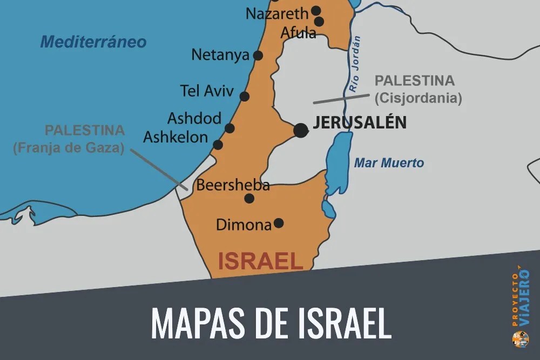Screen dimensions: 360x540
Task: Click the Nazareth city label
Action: (x=276, y=13)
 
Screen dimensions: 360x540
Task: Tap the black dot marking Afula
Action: (x=319, y=22)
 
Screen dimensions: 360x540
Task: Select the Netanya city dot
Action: (x=258, y=55)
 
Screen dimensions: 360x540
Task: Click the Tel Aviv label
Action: (x=207, y=91)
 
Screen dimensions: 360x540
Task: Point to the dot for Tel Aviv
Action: (x=245, y=97)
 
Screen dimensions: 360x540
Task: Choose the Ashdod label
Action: (x=194, y=118)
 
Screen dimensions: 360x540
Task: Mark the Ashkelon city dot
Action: (x=218, y=145)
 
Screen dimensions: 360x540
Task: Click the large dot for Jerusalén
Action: (x=301, y=130)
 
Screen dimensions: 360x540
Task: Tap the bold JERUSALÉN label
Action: (x=360, y=123)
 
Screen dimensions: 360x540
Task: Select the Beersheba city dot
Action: (x=249, y=199)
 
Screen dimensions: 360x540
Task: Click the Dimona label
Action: (x=244, y=225)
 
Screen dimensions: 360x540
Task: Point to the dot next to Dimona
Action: (x=279, y=222)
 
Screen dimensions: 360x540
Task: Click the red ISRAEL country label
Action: (x=260, y=261)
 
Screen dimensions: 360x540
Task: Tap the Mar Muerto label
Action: (x=389, y=163)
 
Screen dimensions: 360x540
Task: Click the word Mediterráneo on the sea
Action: (x=93, y=42)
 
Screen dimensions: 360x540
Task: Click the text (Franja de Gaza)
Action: (x=69, y=147)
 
